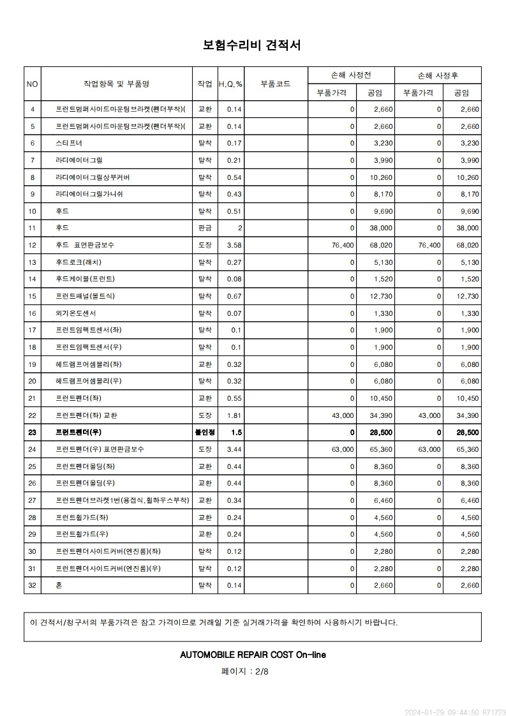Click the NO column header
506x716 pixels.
click(x=33, y=84)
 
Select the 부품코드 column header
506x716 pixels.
click(x=276, y=84)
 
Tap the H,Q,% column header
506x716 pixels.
click(x=230, y=84)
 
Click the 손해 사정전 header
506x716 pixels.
click(x=351, y=75)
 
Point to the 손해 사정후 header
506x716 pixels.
click(x=438, y=75)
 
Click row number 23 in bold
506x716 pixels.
click(x=33, y=433)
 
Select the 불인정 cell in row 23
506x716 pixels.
click(x=205, y=433)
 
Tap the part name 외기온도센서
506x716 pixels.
click(x=76, y=313)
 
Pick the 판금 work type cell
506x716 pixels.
click(x=205, y=228)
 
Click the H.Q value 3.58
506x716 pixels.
click(x=234, y=245)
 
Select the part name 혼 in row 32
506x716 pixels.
click(x=59, y=585)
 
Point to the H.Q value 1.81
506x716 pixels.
click(x=234, y=415)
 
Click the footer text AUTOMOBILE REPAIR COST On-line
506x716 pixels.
click(x=253, y=655)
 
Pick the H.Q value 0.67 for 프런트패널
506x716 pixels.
click(x=234, y=296)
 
